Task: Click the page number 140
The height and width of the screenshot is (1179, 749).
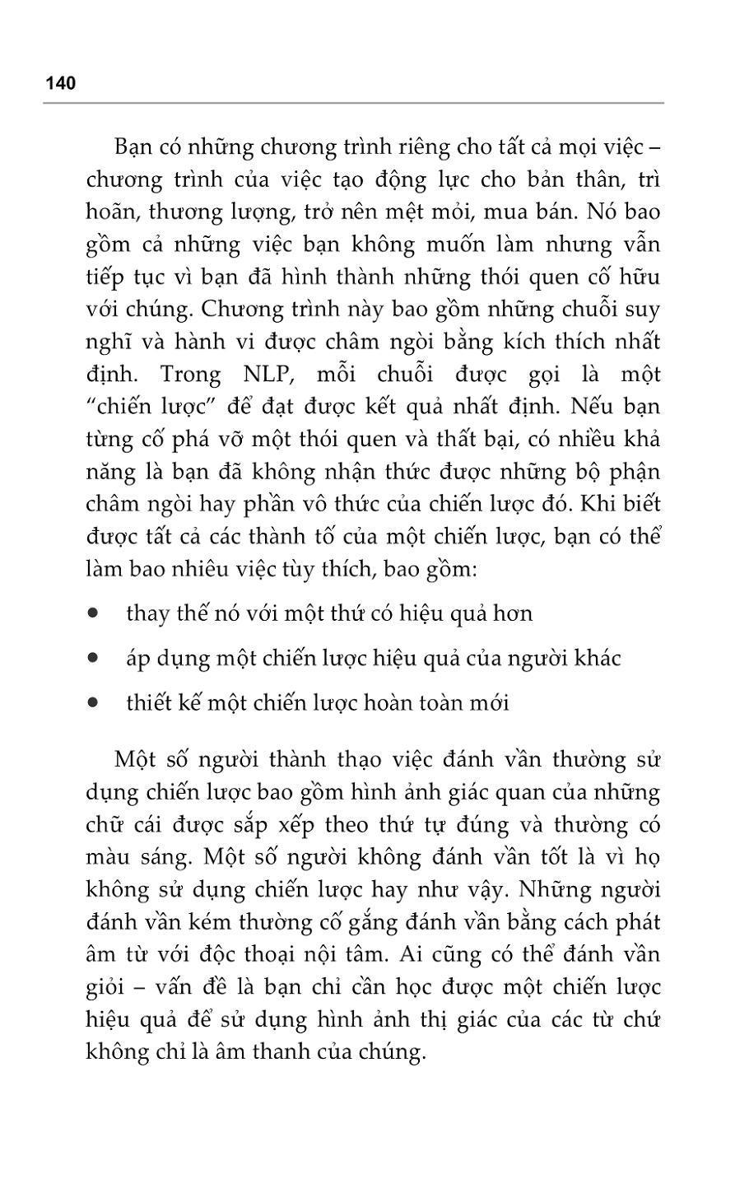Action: [x=61, y=83]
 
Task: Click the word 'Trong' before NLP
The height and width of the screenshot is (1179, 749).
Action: [x=191, y=375]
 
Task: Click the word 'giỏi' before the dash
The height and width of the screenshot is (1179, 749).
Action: [x=108, y=988]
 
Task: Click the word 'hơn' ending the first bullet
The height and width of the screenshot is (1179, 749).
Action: [x=512, y=613]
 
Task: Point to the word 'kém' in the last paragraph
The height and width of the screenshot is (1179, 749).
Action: [x=212, y=922]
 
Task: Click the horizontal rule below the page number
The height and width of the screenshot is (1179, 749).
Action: [x=354, y=103]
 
